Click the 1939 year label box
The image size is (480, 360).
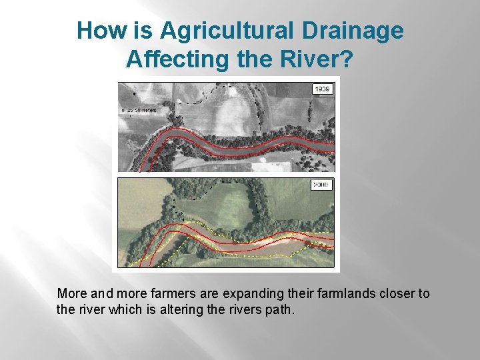point(323,89)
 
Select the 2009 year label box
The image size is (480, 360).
point(323,185)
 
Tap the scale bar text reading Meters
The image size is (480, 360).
point(147,109)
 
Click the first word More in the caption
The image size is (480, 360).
point(71,294)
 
